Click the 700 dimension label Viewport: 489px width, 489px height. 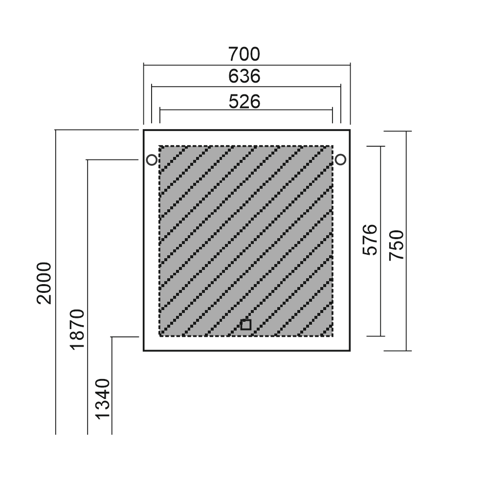coord(244,54)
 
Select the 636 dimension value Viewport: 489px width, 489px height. coord(244,76)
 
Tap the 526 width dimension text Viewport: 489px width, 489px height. coord(244,102)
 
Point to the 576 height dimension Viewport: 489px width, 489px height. coord(370,240)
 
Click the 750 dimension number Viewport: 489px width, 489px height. coord(397,245)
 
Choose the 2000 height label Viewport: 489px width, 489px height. coord(44,283)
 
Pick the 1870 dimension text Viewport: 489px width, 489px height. coord(77,329)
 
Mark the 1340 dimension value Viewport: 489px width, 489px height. coord(103,399)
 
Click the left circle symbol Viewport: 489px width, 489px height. coord(152,160)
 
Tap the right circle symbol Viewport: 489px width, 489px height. coord(340,160)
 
